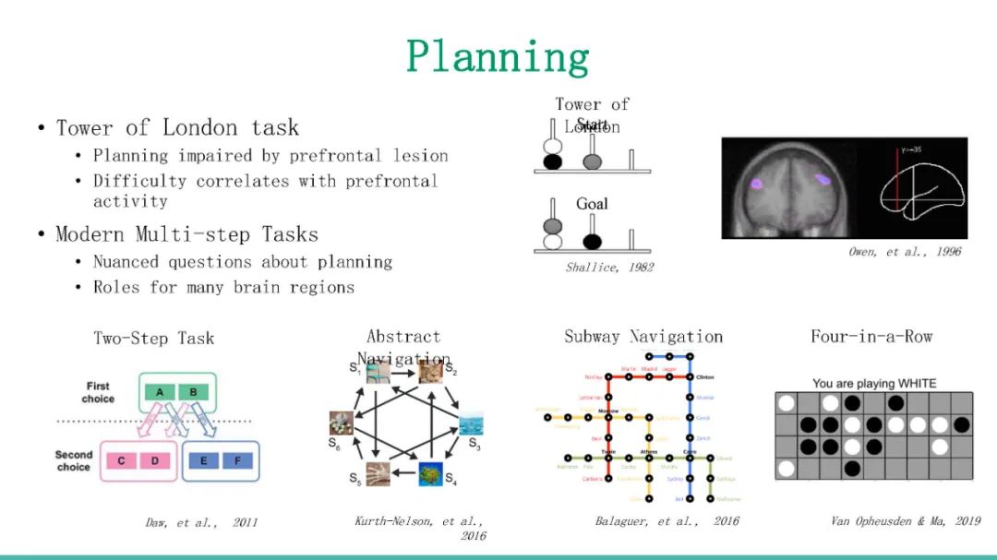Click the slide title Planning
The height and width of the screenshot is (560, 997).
click(x=498, y=57)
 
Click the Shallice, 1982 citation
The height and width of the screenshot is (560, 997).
click(x=609, y=268)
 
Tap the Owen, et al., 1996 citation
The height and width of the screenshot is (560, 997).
click(x=905, y=251)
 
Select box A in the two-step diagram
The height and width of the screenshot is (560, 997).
click(x=160, y=392)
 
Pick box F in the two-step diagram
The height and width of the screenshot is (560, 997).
click(x=237, y=459)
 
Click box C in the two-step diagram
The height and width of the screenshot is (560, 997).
click(x=122, y=459)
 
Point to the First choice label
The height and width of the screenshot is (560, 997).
click(x=98, y=392)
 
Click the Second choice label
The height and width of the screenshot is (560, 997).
click(x=74, y=460)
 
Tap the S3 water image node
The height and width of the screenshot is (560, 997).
click(x=471, y=424)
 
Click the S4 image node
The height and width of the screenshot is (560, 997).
click(x=428, y=474)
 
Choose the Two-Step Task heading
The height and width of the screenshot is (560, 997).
click(x=153, y=338)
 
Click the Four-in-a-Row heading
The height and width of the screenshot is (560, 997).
click(x=871, y=337)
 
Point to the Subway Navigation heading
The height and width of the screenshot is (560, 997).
click(x=643, y=337)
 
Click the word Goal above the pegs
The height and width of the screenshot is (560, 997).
click(x=592, y=204)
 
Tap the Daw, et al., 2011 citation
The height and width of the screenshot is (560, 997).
click(x=201, y=522)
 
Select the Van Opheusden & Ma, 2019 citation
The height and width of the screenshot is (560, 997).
click(x=906, y=521)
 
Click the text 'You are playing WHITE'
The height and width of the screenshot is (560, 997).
click(x=873, y=383)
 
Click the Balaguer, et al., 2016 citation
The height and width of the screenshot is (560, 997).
click(x=667, y=521)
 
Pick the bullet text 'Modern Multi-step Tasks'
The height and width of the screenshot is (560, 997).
click(x=187, y=234)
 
